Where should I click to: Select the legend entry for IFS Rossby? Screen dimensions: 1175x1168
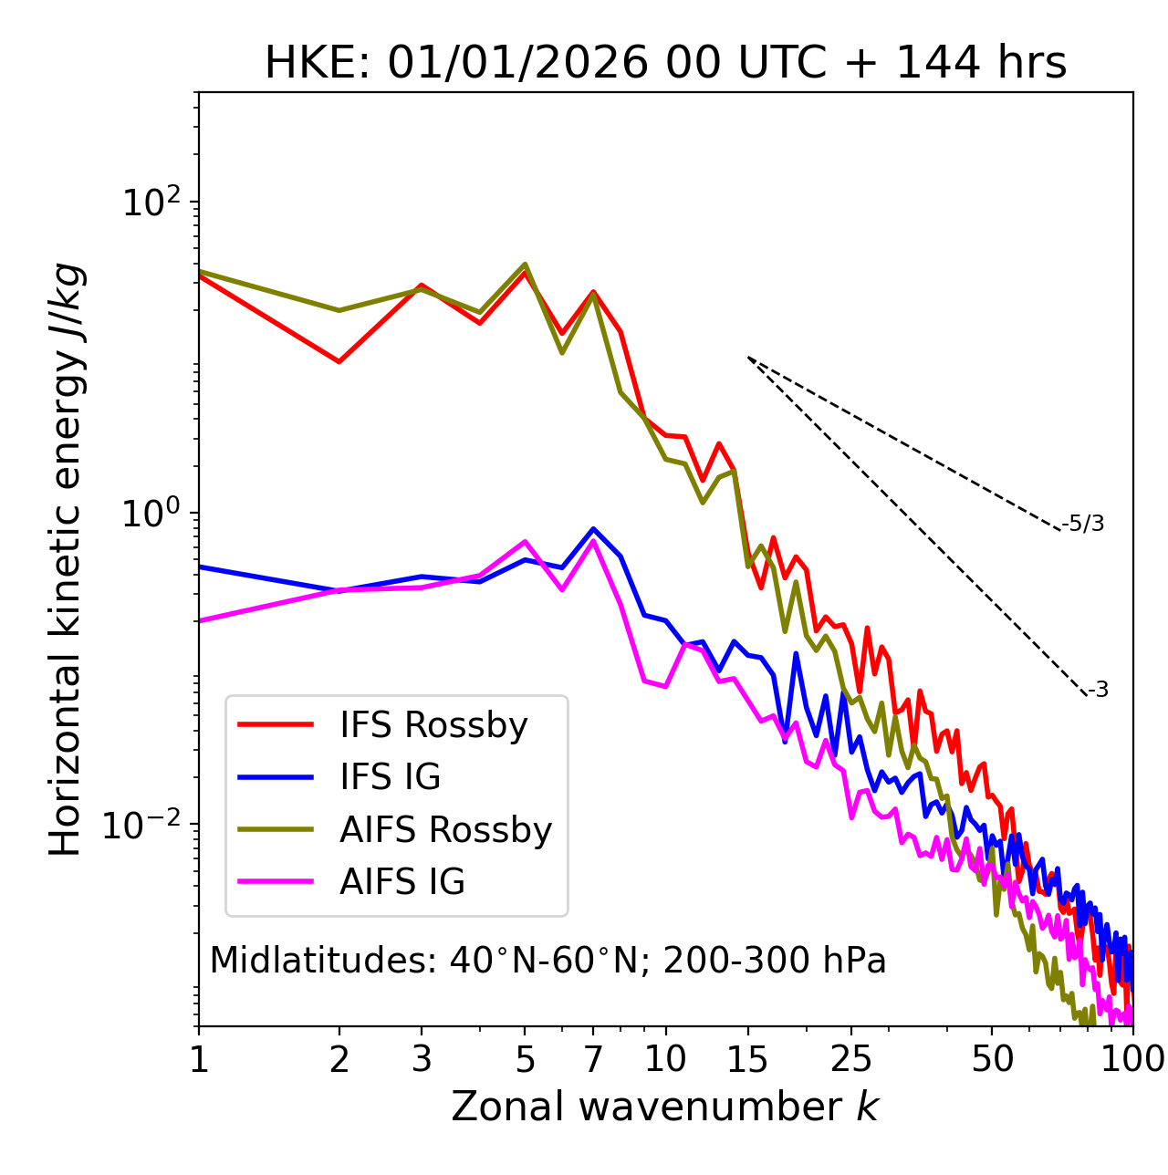click(x=433, y=725)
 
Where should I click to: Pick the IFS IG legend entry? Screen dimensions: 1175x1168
click(x=390, y=777)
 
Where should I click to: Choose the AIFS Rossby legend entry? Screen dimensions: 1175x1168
click(x=445, y=830)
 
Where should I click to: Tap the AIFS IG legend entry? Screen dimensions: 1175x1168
click(x=401, y=882)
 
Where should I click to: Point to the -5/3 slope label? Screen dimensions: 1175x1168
click(x=1083, y=524)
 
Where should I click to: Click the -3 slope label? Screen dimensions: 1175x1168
click(x=1098, y=691)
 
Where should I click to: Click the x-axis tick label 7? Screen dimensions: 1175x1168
click(x=593, y=1059)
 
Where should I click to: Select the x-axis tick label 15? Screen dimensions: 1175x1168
click(x=748, y=1059)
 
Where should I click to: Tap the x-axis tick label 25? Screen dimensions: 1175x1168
click(x=851, y=1059)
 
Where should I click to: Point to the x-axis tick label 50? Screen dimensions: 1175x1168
click(x=992, y=1059)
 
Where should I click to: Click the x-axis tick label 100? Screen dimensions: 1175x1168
click(x=1131, y=1059)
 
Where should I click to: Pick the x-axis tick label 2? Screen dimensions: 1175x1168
click(x=339, y=1059)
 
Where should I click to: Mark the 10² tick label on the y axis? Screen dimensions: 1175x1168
click(x=151, y=202)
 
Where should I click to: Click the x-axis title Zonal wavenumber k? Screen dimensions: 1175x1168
click(x=664, y=1107)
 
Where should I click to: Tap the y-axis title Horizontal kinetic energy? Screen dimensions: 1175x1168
click(x=67, y=559)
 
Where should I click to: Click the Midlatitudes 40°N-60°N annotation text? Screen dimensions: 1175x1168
click(x=547, y=961)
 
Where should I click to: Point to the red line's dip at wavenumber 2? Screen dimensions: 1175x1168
click(x=339, y=362)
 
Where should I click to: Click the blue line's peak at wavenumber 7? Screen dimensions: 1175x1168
click(x=593, y=529)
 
